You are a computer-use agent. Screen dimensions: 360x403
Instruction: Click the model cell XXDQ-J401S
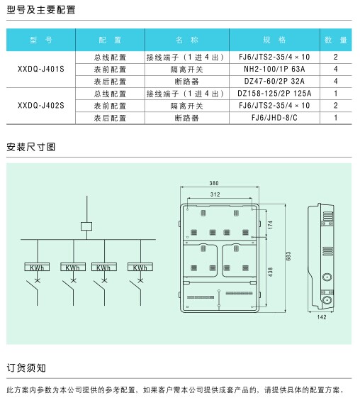[41, 69]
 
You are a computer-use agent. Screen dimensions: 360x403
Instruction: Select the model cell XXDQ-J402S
[41, 106]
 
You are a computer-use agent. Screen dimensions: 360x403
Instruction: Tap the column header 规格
[274, 40]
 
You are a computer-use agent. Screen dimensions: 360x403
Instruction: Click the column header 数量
[336, 40]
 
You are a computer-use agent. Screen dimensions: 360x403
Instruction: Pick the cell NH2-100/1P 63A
[274, 69]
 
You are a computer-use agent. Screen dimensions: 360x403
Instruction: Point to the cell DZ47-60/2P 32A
[274, 81]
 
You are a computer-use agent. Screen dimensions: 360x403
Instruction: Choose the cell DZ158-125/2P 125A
[274, 93]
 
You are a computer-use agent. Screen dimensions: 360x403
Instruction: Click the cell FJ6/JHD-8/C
[274, 118]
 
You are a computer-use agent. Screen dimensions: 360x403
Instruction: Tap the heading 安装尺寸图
[30, 147]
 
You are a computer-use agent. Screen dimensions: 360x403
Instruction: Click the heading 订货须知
[26, 368]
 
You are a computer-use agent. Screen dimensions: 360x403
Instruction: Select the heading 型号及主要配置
[41, 10]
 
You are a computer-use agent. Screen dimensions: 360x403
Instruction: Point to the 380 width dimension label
[214, 183]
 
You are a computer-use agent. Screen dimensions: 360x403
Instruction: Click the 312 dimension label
[215, 194]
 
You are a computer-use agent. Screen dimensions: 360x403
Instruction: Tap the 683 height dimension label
[288, 256]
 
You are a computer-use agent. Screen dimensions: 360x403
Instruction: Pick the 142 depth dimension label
[322, 317]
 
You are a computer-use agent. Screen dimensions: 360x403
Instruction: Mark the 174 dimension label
[270, 225]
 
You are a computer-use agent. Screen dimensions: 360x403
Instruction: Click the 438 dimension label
[270, 272]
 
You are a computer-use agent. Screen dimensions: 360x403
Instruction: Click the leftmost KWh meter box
[37, 267]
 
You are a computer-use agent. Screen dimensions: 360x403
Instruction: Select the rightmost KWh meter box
[140, 267]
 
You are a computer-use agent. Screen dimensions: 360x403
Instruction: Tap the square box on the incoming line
[86, 226]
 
